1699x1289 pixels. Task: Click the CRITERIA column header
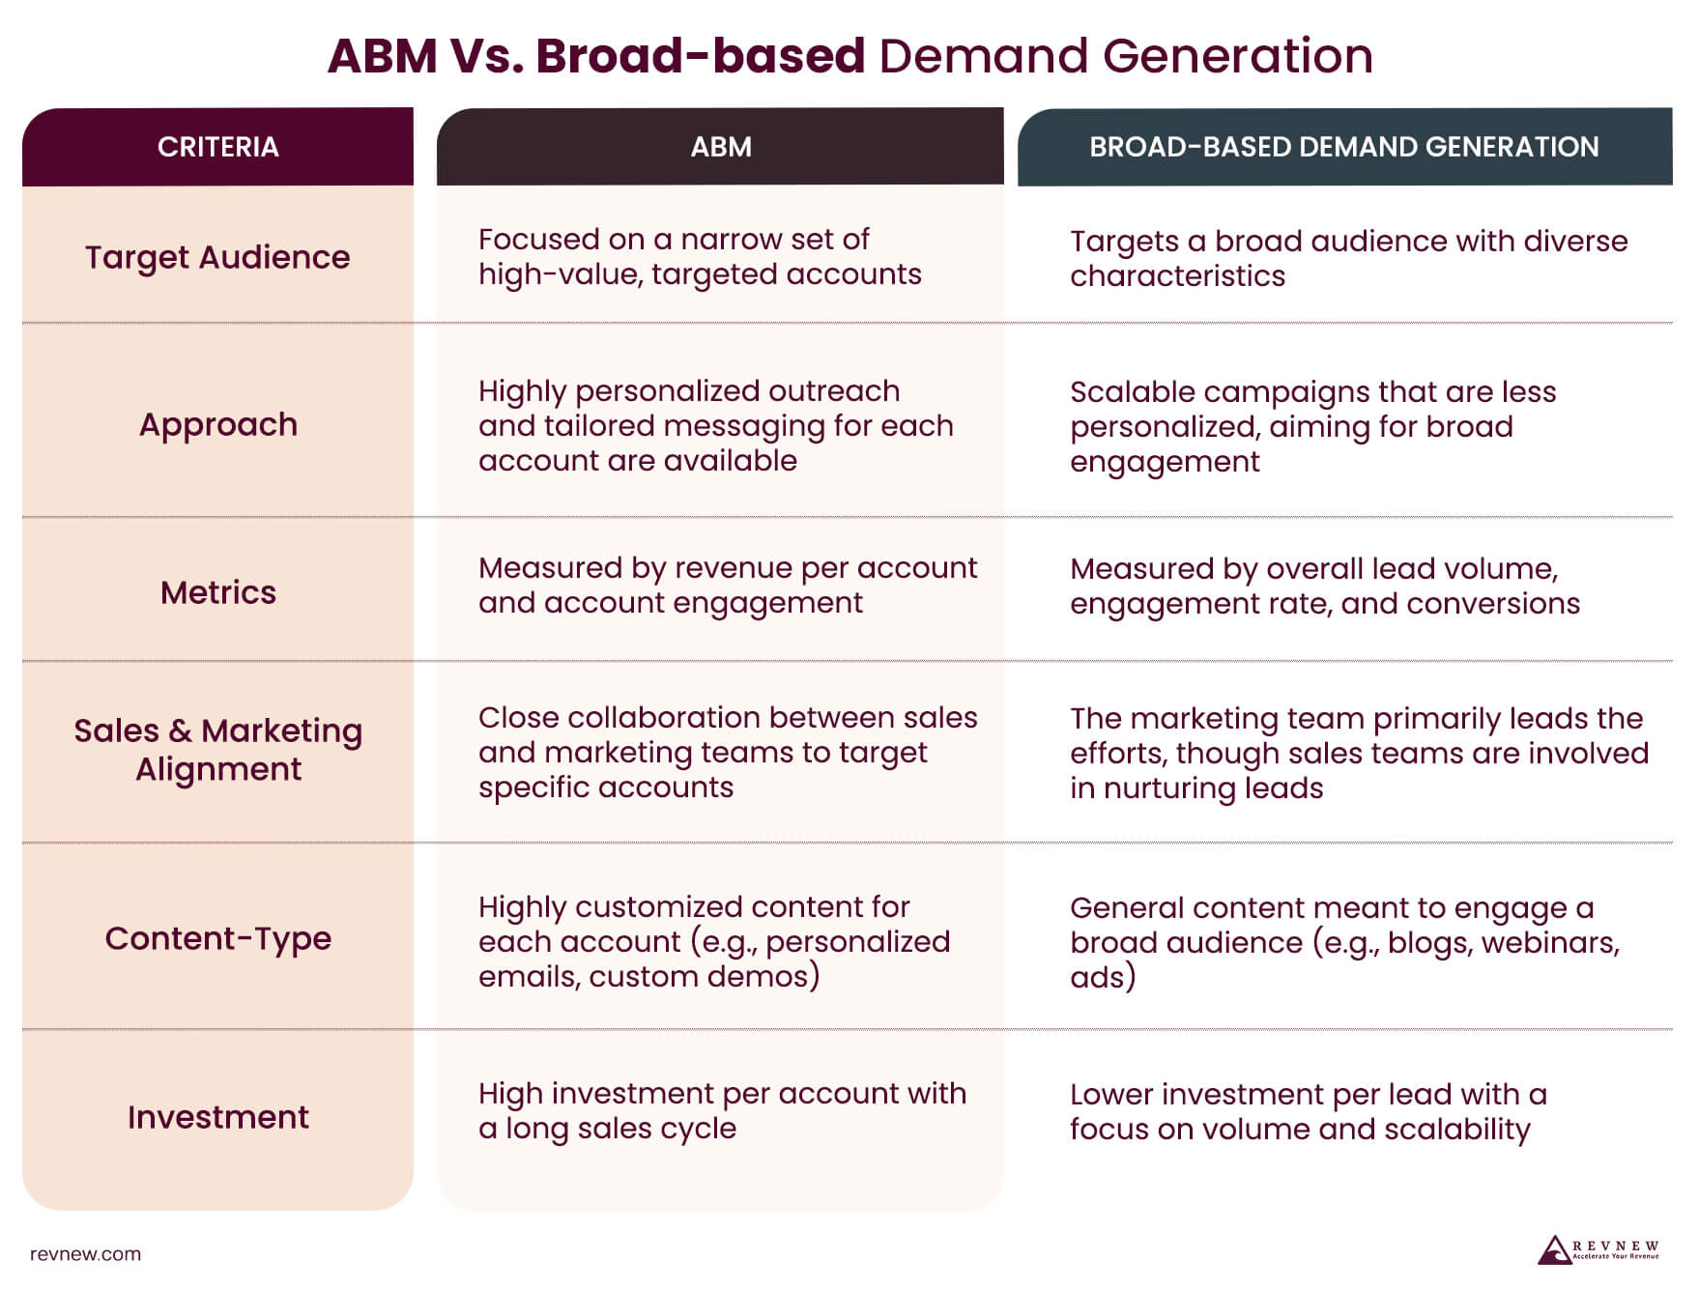(x=217, y=147)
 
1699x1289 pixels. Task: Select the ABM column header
(x=720, y=147)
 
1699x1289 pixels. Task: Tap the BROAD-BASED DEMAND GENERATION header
(x=1343, y=147)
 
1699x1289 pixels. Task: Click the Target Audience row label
(x=217, y=257)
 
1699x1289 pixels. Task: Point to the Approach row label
(x=217, y=424)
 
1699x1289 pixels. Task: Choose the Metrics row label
(x=217, y=592)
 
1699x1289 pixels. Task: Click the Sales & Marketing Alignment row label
(x=217, y=750)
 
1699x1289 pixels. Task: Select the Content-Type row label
(x=217, y=938)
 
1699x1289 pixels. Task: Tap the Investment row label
(x=217, y=1117)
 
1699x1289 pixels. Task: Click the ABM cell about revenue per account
(x=727, y=586)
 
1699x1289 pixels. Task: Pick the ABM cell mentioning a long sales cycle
(x=721, y=1111)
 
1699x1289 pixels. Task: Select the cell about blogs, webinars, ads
(x=1343, y=942)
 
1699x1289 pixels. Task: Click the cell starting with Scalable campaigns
(x=1312, y=426)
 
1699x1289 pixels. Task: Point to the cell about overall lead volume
(x=1324, y=586)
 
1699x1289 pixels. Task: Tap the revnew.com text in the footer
(x=85, y=1254)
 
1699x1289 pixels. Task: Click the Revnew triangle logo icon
(x=1554, y=1249)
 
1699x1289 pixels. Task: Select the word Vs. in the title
(x=486, y=56)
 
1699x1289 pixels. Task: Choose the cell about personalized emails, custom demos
(x=713, y=942)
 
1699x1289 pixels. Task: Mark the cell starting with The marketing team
(x=1358, y=753)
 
